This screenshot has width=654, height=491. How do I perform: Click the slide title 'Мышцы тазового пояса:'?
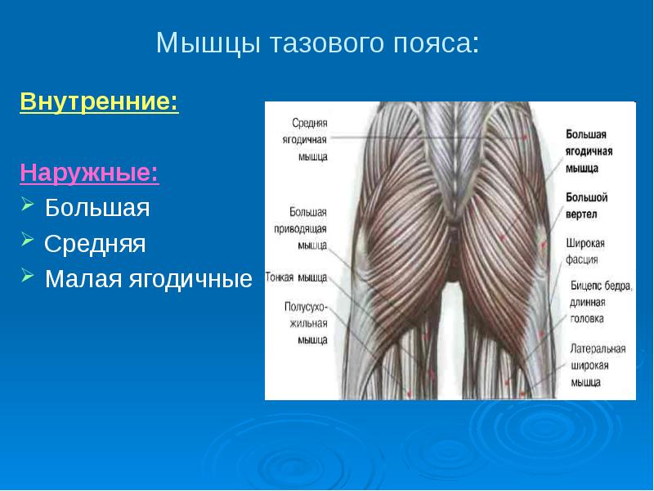(x=317, y=43)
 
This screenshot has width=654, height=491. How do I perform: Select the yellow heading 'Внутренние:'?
(x=99, y=101)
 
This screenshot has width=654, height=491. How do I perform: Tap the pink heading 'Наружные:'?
(x=89, y=172)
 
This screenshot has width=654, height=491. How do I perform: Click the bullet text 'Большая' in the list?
(x=97, y=208)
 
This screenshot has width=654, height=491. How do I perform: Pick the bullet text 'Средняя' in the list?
(x=95, y=243)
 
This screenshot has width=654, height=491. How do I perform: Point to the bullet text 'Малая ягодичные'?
(x=149, y=279)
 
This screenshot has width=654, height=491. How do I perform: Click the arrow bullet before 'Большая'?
(x=28, y=204)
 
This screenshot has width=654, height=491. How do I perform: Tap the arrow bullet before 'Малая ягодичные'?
(x=28, y=275)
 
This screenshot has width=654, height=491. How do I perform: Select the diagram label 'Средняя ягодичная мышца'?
(x=305, y=140)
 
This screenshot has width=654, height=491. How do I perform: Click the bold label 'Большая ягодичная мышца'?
(x=589, y=151)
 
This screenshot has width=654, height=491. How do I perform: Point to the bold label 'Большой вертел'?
(x=586, y=206)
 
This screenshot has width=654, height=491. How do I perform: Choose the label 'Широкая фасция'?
(x=585, y=251)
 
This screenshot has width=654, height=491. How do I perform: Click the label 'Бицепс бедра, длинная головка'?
(x=601, y=302)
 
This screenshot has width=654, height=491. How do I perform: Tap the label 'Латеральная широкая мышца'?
(x=598, y=365)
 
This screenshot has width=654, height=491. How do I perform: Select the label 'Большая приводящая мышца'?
(x=300, y=229)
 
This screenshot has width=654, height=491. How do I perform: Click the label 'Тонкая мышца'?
(x=296, y=277)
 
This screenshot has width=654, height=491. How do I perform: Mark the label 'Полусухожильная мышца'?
(x=306, y=323)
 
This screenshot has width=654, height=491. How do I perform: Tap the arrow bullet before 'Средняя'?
(x=28, y=240)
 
